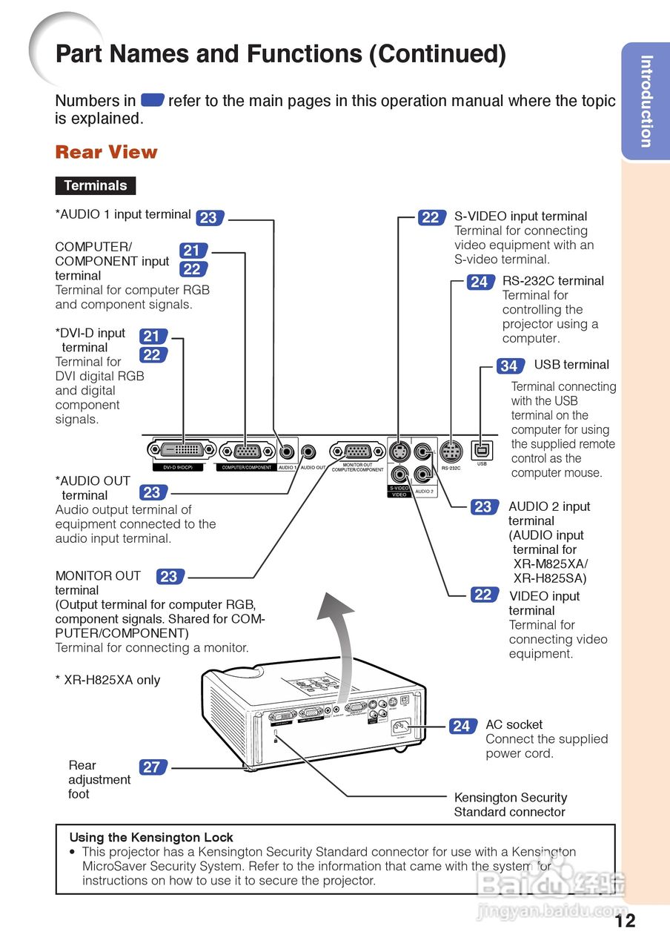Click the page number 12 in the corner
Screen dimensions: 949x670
pos(625,920)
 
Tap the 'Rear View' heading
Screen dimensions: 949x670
pos(106,153)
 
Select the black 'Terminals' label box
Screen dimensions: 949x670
pos(95,185)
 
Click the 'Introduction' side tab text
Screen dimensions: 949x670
pos(646,102)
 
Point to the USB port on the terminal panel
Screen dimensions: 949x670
pos(482,450)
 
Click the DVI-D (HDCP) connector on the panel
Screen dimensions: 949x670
pos(182,449)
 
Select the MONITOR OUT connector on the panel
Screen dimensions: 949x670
pos(357,451)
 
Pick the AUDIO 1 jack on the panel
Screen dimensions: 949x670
pos(288,451)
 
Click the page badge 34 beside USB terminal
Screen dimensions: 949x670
pos(508,366)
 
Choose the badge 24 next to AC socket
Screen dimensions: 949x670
pos(461,726)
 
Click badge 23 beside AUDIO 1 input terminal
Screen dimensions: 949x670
pos(208,217)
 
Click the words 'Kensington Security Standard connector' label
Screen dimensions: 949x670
pos(510,804)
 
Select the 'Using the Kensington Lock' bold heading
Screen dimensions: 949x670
pos(150,837)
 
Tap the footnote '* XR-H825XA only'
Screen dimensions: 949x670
pos(107,680)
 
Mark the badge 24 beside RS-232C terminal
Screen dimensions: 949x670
pos(479,282)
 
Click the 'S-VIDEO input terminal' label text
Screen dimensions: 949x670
pos(520,216)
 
